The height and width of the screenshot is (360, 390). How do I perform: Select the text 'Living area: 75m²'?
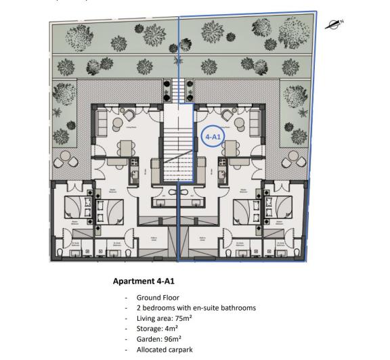point(167,318)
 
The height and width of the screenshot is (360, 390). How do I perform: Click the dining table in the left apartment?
point(127,146)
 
